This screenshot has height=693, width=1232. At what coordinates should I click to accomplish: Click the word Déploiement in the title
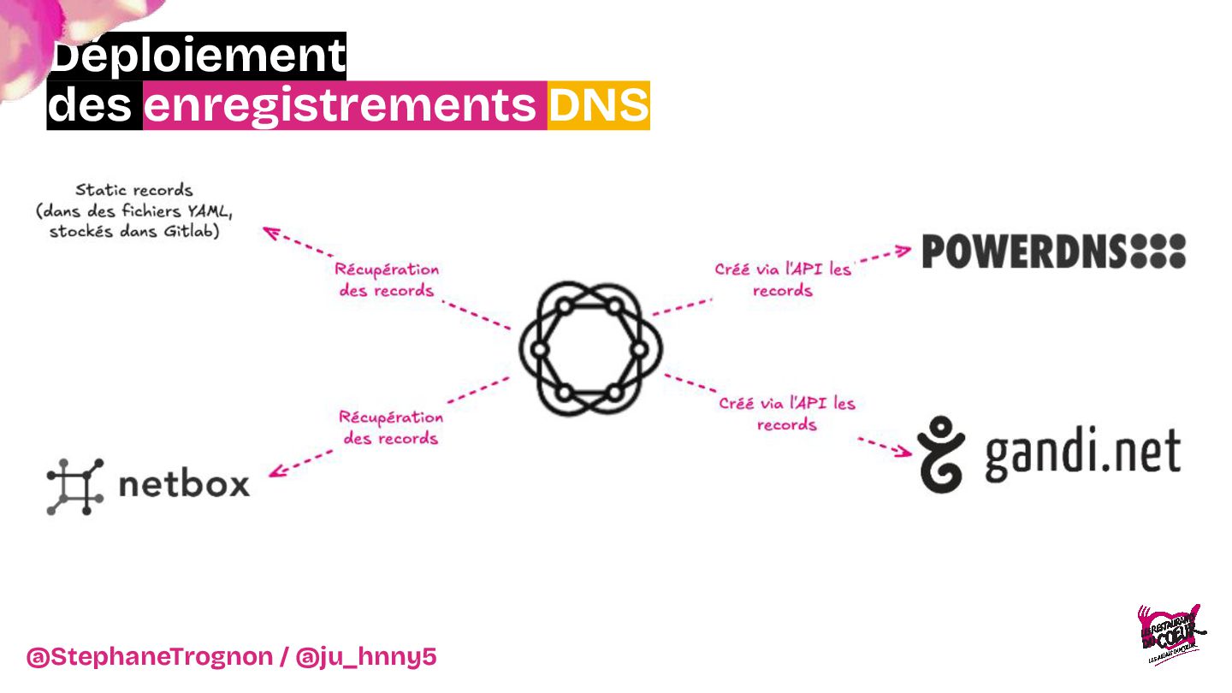point(198,57)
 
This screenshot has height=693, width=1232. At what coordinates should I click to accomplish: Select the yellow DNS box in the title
point(598,106)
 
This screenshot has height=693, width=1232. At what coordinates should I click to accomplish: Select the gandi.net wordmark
point(1082,453)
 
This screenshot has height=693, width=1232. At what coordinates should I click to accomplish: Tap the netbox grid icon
point(74,486)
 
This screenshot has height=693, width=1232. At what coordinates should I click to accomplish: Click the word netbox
point(184,484)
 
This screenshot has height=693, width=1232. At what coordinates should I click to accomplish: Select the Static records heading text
point(134,190)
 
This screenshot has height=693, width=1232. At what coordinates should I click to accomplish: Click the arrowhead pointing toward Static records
point(271,230)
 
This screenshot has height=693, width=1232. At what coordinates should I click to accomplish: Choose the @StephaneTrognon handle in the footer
point(149,657)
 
